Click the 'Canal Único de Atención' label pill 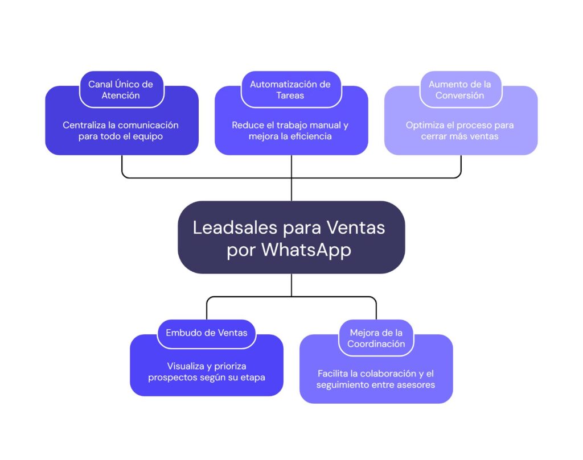pos(121,90)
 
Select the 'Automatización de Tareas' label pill pos(290,90)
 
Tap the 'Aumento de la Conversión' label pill pos(460,90)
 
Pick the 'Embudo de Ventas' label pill pos(206,333)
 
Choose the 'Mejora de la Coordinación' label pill pos(376,338)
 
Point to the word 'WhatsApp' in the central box pos(306,250)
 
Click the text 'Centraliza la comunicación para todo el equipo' pos(121,131)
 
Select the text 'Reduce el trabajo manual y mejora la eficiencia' pos(290,131)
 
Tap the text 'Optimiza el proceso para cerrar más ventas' pos(460,131)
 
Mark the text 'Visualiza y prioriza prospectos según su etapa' pos(206,371)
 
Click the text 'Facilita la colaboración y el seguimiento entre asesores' pos(376,379)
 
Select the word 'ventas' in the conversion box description pos(485,137)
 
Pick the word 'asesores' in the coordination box pos(417,385)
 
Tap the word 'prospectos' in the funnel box pos(172,377)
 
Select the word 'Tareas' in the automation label pos(290,96)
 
